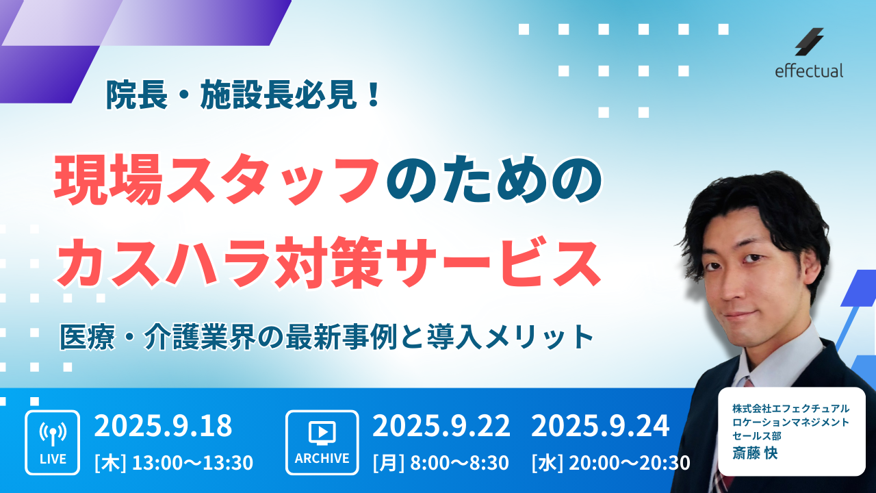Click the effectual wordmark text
click(x=809, y=71)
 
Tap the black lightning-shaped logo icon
click(x=809, y=42)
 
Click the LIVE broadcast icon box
click(x=53, y=442)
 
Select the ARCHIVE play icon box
click(x=322, y=442)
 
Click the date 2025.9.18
click(x=163, y=426)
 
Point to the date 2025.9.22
click(x=441, y=426)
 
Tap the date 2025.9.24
click(x=600, y=426)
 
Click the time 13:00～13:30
click(x=192, y=462)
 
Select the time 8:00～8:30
click(x=459, y=462)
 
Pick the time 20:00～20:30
click(x=629, y=462)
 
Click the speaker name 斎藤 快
click(x=755, y=453)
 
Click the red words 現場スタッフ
click(x=217, y=179)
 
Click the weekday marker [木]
click(x=110, y=462)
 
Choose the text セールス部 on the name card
click(x=757, y=435)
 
